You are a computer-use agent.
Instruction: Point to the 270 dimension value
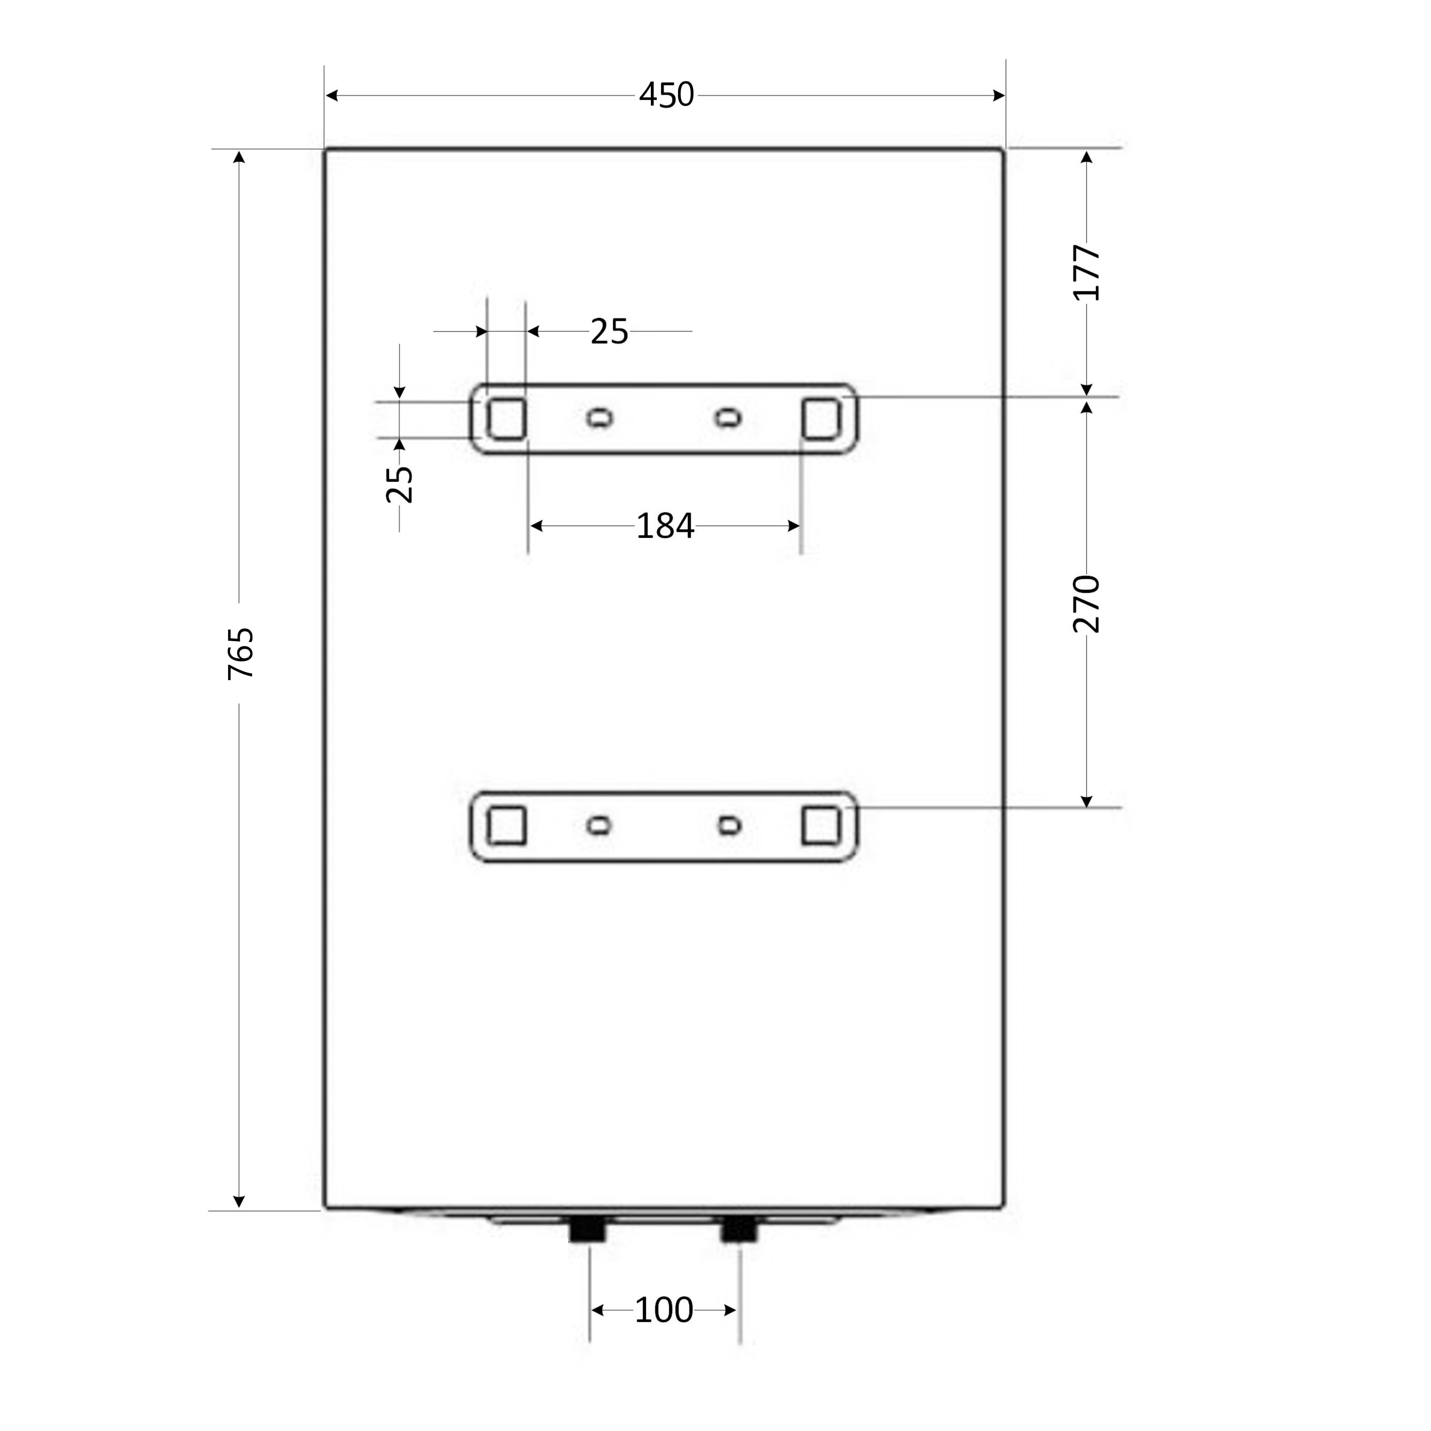[x=1087, y=604]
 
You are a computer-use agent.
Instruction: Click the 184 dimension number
[x=665, y=526]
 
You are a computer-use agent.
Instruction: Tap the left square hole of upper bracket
[x=507, y=419]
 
